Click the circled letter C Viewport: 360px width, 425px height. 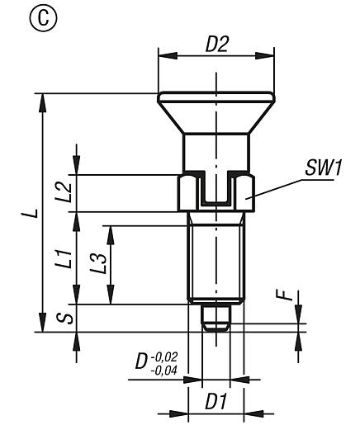tap(16, 17)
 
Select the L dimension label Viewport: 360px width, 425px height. tap(30, 213)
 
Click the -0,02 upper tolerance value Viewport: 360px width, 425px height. tap(165, 356)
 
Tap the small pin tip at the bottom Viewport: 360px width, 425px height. tap(216, 318)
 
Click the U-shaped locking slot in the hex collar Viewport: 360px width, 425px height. tap(216, 190)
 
